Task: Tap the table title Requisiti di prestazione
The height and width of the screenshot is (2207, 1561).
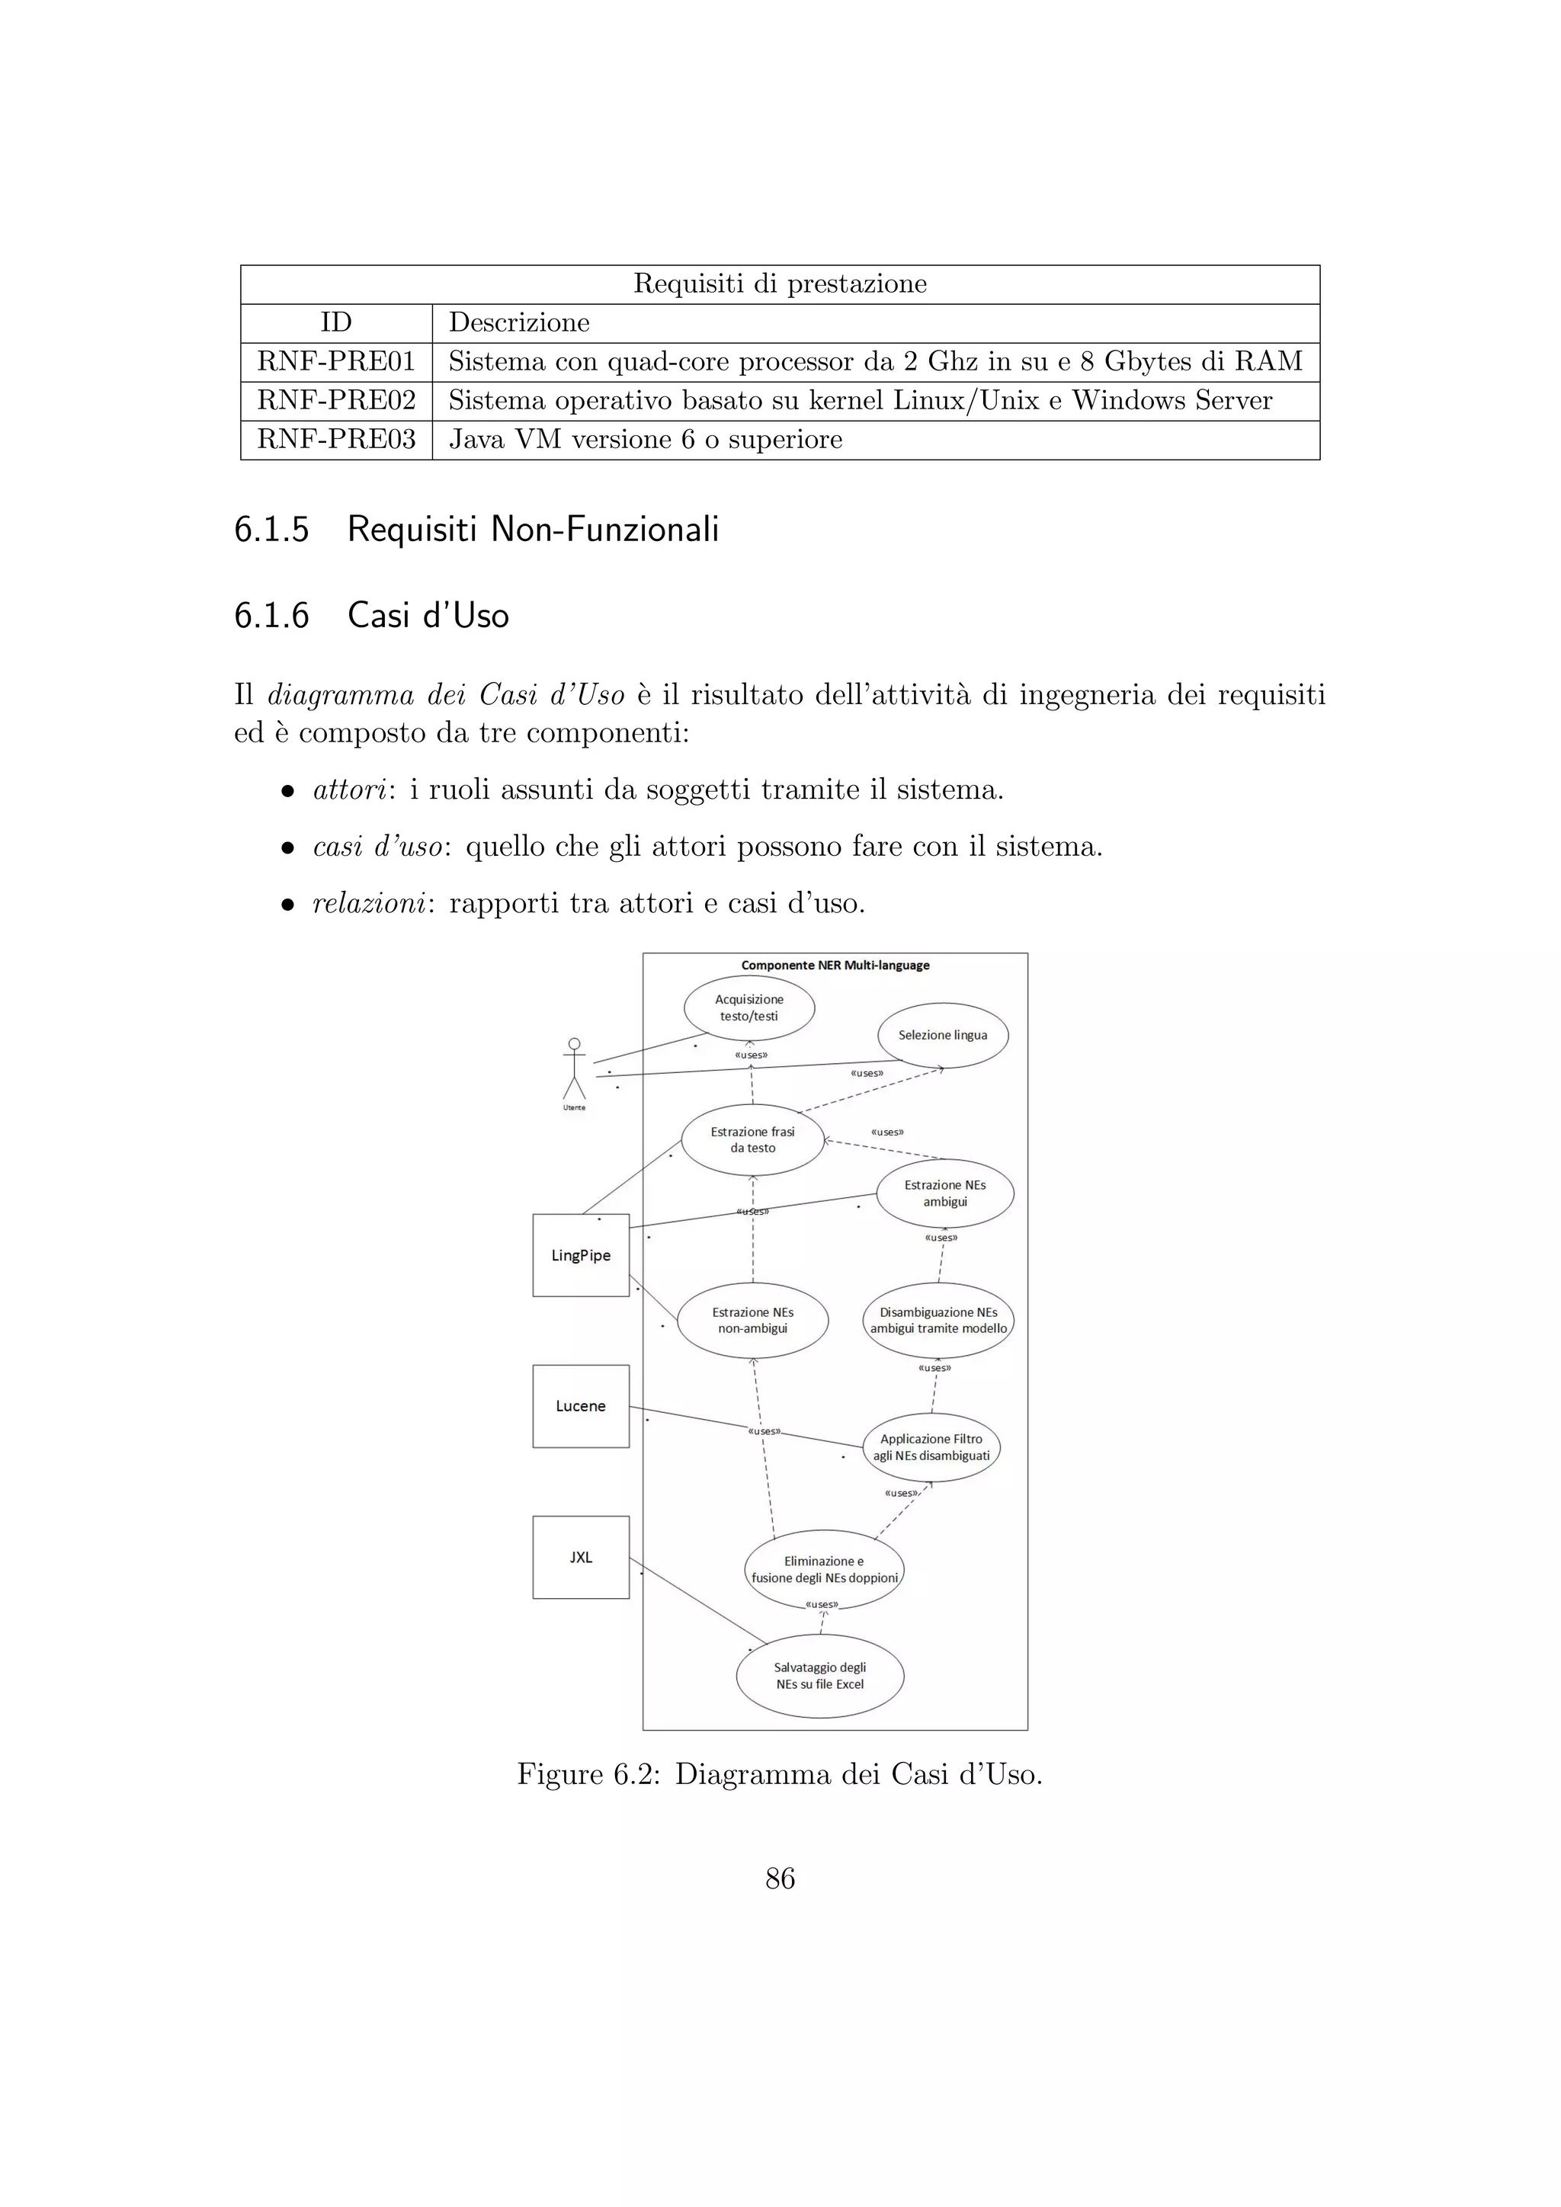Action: pos(780,283)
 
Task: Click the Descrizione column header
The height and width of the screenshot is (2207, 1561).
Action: pos(519,322)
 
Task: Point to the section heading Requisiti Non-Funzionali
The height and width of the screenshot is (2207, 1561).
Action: pos(533,529)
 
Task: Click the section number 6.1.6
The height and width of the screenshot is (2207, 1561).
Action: pos(271,615)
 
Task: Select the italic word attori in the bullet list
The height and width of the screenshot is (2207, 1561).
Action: pos(349,790)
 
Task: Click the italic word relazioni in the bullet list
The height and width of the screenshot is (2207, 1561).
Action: pos(369,904)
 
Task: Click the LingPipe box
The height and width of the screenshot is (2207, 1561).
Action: pos(581,1255)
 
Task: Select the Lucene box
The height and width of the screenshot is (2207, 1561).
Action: pos(581,1406)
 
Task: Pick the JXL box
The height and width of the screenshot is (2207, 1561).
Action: pos(581,1557)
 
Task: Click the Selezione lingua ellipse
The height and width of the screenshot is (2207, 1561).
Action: pos(942,1035)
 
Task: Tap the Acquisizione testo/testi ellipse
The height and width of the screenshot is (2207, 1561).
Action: pos(748,1007)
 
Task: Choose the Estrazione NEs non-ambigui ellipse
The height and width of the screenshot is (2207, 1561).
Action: pos(752,1320)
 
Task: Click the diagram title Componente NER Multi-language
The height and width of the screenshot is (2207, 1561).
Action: pos(835,965)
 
